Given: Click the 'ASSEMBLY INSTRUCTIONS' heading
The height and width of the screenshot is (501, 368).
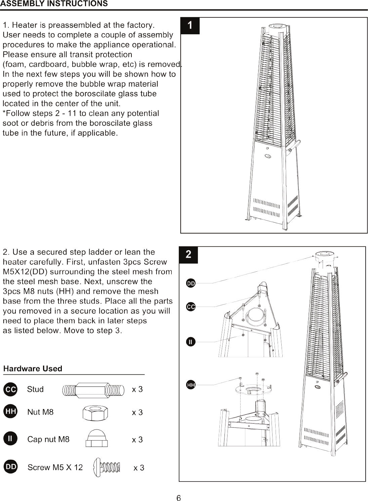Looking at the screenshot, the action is tap(54, 4).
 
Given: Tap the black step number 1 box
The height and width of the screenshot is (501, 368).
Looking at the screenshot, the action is tap(190, 26).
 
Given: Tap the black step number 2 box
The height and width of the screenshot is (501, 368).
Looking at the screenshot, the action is tap(188, 255).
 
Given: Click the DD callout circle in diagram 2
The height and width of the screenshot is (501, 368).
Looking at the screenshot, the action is tap(191, 283).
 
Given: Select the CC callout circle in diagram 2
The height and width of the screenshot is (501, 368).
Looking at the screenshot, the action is tap(191, 307).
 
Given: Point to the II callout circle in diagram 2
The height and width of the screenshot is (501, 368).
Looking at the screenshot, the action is tap(191, 342).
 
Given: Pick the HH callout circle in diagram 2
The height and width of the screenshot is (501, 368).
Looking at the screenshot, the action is tap(191, 385).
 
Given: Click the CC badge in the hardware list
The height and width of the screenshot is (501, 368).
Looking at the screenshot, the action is tap(10, 390).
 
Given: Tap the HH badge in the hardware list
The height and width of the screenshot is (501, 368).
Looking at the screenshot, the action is tap(10, 411).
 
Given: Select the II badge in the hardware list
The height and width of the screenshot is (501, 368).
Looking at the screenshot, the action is tap(10, 439).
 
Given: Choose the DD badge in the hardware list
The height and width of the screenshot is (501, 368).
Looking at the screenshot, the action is tap(10, 466).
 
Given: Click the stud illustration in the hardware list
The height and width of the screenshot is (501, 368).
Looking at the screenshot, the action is tap(93, 390).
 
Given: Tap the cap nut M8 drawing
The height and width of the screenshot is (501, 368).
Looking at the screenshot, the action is tap(97, 438).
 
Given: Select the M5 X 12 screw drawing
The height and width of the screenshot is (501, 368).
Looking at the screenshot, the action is tap(107, 468).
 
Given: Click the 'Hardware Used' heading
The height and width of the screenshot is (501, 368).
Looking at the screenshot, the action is tap(33, 369).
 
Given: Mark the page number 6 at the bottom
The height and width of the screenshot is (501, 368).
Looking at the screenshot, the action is tap(179, 498).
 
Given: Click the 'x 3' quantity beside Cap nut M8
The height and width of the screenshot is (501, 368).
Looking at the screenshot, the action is tap(137, 440).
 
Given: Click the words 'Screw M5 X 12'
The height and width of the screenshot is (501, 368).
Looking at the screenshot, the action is tap(55, 467).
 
